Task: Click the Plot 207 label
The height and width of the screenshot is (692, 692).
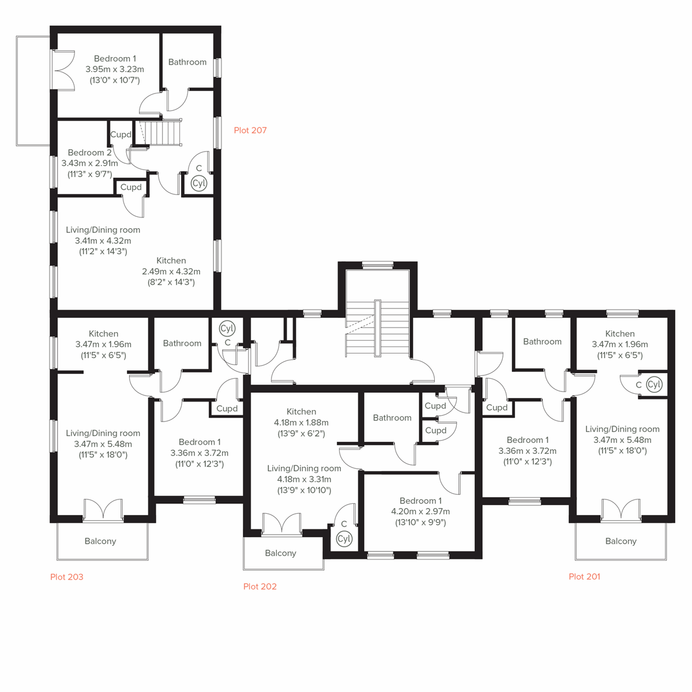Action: coord(250,130)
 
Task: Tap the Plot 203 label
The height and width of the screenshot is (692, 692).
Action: coord(67,577)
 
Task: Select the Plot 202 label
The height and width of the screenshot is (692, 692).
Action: coord(260,586)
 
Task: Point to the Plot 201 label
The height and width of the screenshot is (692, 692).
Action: coord(584,577)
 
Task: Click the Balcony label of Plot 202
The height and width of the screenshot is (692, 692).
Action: coord(280,553)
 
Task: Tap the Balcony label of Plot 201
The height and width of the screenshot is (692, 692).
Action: coord(620,541)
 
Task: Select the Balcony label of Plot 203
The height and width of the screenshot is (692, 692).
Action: coord(100,541)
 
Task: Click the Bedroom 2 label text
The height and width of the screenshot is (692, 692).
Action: coord(89,153)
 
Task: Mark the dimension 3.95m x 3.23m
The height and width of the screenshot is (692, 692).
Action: coord(115,69)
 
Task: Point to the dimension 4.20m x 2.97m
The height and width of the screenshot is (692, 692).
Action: coord(420,512)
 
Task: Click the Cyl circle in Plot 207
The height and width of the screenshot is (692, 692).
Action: coord(199,183)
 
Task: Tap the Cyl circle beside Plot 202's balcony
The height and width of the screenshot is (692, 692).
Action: coord(344,539)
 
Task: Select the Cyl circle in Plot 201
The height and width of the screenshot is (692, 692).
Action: coord(654,384)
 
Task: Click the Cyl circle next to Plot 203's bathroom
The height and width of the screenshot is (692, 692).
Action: coord(227,328)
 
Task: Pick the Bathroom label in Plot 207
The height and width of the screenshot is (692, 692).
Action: coord(187,62)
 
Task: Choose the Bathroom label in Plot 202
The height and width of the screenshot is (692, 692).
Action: coord(392,418)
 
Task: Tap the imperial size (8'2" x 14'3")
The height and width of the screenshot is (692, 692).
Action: coord(171,283)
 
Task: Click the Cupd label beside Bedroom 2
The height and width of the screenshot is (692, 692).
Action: coord(121,134)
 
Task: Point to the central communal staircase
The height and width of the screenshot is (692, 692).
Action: coord(377,329)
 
